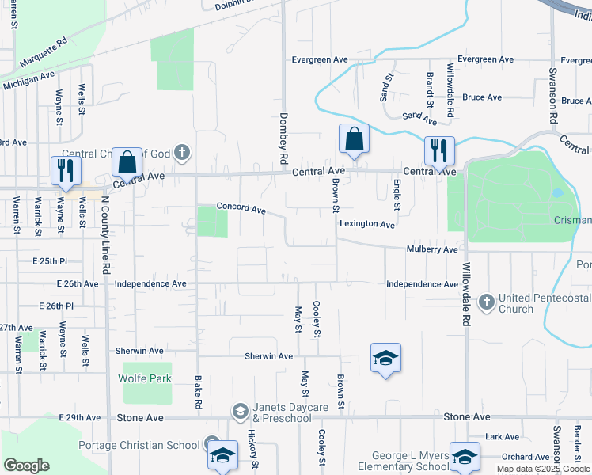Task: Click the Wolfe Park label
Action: tap(145, 378)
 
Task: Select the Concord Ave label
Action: tap(241, 209)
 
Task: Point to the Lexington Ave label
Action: tap(367, 225)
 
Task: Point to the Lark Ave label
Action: tap(501, 436)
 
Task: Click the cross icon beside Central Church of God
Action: tap(181, 151)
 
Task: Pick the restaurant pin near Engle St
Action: tap(438, 150)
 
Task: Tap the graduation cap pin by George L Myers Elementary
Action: tap(465, 455)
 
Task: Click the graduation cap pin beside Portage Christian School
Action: tap(222, 454)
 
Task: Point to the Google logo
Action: tap(27, 465)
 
